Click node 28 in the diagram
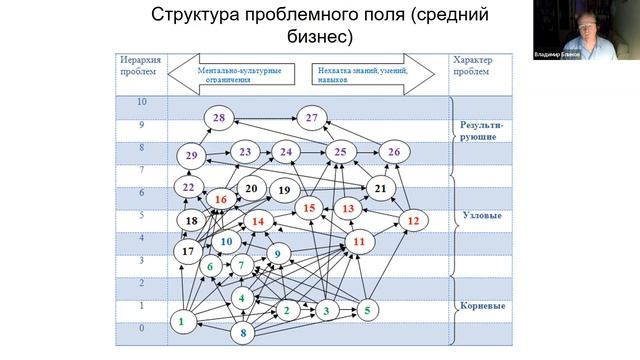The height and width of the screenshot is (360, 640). coord(218,119)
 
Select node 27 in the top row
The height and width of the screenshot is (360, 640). coord(312,119)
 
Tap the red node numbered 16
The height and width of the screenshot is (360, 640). coord(220,200)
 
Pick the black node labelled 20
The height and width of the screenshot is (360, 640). coord(250,187)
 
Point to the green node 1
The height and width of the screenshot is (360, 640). coord(181,322)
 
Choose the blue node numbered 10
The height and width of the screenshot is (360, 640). coord(227,241)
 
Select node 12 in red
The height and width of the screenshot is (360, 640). coord(413,220)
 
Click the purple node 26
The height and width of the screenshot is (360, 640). coord(394,152)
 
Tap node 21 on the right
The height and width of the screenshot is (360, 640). coord(380,187)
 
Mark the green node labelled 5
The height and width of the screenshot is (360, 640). coord(367,310)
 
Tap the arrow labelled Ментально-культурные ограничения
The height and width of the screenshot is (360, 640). coord(237,73)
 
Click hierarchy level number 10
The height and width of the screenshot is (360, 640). coord(140,102)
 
